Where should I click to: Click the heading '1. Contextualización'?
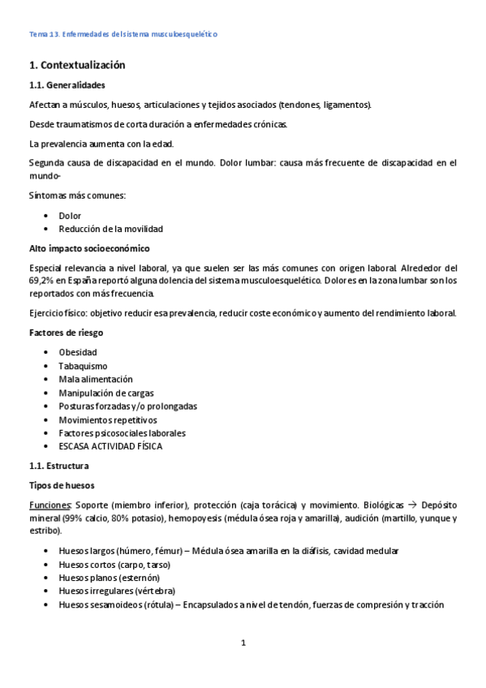77,65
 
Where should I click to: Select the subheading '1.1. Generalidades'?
67,85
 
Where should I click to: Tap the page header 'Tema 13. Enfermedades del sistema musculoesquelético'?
123,34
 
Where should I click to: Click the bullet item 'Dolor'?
70,216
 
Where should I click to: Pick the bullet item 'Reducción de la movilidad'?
110,229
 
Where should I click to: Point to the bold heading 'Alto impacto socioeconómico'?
89,247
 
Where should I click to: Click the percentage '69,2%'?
42,280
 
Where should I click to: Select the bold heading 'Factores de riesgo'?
66,333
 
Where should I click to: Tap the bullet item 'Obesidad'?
78,352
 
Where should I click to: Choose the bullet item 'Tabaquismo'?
83,366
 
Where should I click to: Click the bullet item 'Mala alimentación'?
96,379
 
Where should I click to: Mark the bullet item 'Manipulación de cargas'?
106,393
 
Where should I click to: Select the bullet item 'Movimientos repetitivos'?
108,419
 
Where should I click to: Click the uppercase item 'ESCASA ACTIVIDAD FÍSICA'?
110,446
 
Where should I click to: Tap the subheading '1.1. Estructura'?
59,466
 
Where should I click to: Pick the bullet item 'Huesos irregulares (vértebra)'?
117,591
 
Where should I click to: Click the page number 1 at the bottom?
243,643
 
